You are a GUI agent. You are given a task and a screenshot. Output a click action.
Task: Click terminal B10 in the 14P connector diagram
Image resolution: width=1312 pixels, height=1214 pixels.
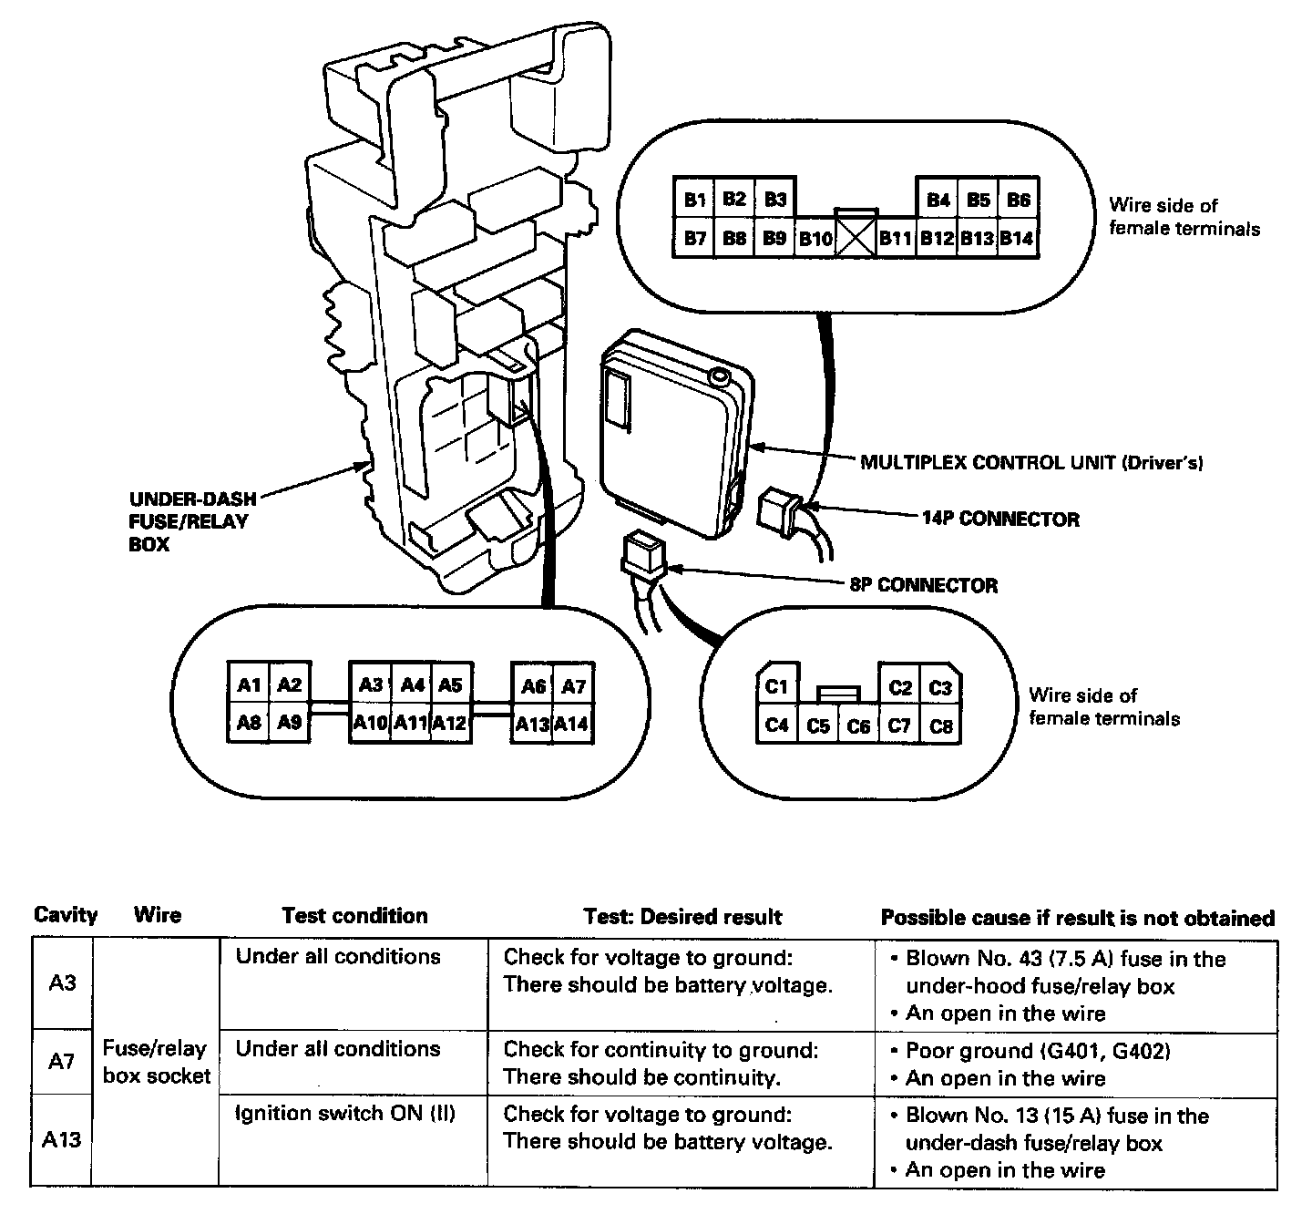(x=815, y=239)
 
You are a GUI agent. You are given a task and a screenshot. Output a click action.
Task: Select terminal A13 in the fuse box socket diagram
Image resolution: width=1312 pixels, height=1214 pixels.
(x=532, y=725)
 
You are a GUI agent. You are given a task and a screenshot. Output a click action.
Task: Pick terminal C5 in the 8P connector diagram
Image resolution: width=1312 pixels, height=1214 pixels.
(x=818, y=726)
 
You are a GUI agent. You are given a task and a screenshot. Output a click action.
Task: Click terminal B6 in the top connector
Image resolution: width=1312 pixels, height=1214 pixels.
(x=1018, y=200)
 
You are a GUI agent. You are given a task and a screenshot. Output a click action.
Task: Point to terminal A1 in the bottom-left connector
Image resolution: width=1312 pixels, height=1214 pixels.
(x=249, y=685)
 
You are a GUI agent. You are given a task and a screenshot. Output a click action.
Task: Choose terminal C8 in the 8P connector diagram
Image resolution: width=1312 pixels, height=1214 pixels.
(x=941, y=726)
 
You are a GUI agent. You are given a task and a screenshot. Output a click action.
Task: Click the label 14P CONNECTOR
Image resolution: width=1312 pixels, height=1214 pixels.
(x=1000, y=520)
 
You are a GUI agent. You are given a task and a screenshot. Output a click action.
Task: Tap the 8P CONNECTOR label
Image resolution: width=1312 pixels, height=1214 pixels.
(x=923, y=585)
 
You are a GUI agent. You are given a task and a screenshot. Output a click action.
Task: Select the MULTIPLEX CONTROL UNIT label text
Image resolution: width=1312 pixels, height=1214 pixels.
(x=1031, y=463)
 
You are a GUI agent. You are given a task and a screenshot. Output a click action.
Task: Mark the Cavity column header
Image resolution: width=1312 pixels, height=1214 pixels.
(x=66, y=915)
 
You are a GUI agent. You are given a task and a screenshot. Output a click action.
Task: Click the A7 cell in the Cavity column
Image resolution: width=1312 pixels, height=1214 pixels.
(x=61, y=1062)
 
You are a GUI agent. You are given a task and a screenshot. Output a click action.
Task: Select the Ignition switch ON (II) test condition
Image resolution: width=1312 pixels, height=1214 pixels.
(x=345, y=1114)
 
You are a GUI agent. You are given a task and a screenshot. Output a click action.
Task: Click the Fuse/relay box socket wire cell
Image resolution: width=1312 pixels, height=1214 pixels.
(x=156, y=1062)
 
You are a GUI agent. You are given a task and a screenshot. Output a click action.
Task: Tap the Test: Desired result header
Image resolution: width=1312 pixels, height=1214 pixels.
(x=682, y=917)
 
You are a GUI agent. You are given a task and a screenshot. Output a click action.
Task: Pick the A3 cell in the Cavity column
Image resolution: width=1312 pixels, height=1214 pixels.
(x=61, y=983)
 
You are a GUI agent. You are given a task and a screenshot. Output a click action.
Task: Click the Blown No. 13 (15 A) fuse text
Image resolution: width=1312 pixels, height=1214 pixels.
(x=1057, y=1116)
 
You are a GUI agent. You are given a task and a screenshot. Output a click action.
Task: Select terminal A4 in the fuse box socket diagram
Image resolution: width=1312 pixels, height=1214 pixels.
(x=413, y=685)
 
